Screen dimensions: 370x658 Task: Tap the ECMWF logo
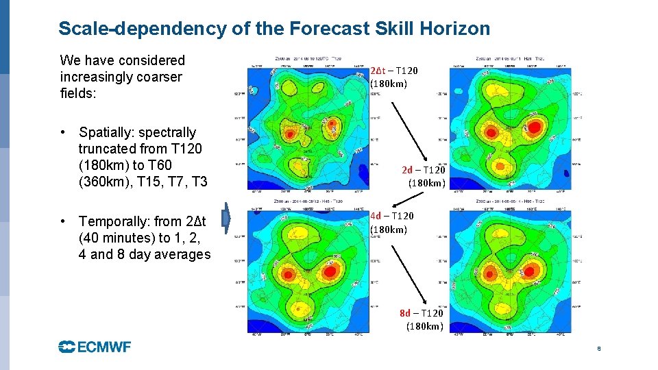[95, 347]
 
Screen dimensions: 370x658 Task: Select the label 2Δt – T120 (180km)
[393, 77]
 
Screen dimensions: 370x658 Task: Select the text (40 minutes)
[117, 238]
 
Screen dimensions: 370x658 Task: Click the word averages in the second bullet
[184, 254]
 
